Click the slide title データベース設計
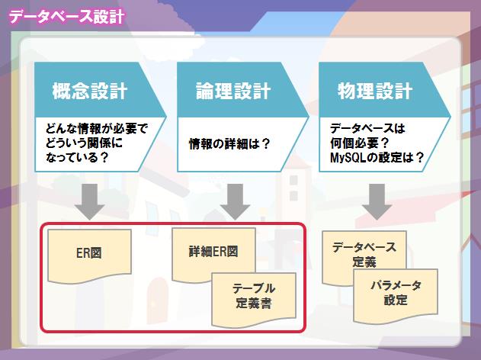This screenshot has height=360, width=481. click(x=66, y=17)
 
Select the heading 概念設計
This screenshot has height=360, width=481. click(x=90, y=91)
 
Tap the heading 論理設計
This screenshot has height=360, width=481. click(x=233, y=91)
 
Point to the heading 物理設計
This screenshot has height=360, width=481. click(x=375, y=91)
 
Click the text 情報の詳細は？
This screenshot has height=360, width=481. click(x=229, y=143)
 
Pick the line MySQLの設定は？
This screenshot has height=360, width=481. click(x=377, y=157)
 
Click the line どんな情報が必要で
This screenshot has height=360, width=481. click(x=97, y=128)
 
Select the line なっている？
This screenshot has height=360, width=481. click(x=77, y=157)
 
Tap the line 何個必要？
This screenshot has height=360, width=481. click(x=360, y=143)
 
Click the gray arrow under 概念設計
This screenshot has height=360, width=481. click(x=90, y=201)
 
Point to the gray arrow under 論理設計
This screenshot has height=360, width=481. click(x=236, y=201)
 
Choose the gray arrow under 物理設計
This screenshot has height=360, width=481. click(x=377, y=201)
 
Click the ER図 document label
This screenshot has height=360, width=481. click(x=89, y=253)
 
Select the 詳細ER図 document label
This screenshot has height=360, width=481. click(x=213, y=252)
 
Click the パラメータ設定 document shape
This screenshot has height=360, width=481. click(x=396, y=297)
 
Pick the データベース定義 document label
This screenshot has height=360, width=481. click(x=364, y=255)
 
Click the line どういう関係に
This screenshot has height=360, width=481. click(x=84, y=143)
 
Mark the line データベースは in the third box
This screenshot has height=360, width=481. click(x=367, y=128)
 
